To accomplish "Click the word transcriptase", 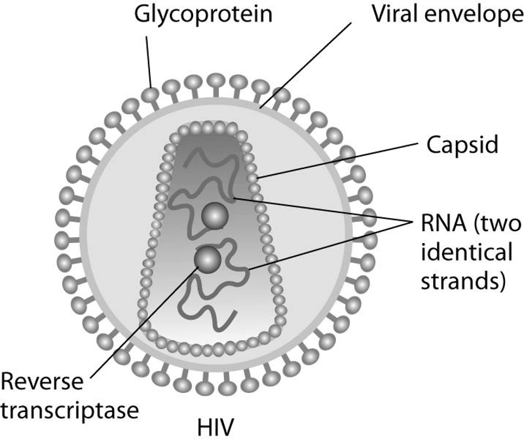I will [69, 411].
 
